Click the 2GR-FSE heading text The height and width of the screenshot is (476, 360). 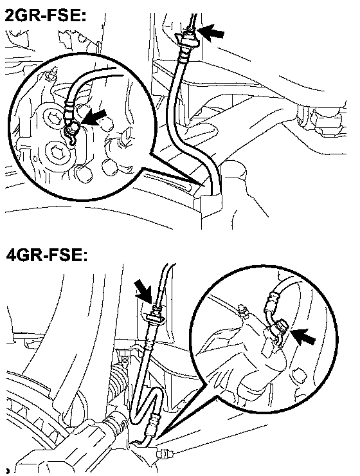[x=46, y=15]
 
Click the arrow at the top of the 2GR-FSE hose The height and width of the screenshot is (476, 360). [x=211, y=32]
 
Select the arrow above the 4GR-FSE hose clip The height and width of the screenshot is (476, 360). [x=145, y=291]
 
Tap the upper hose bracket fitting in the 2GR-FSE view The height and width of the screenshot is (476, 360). [x=187, y=39]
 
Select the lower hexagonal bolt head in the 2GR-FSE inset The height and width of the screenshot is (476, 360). [x=60, y=151]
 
